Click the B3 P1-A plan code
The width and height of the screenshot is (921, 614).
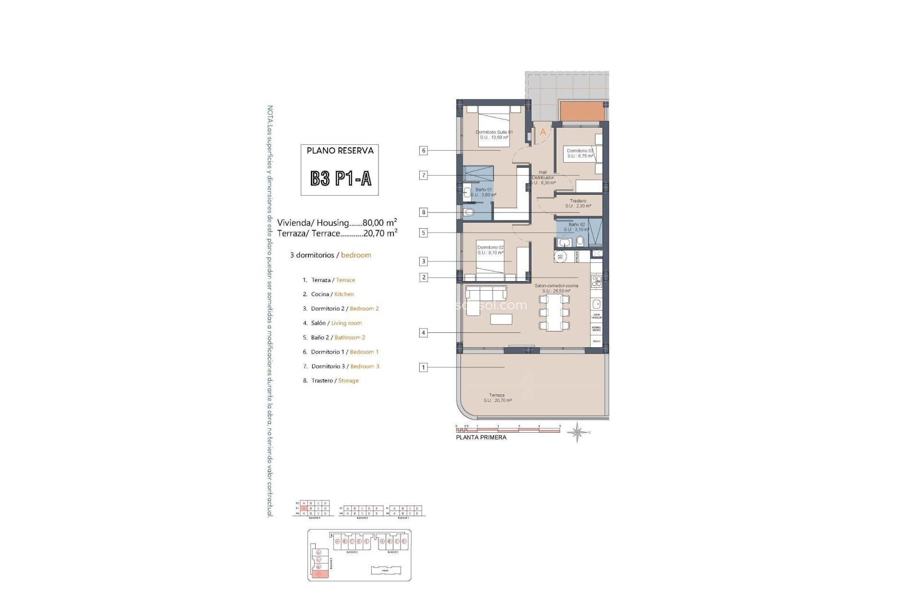[340, 178]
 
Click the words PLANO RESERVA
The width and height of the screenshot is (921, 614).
[340, 151]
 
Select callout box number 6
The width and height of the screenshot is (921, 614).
[423, 151]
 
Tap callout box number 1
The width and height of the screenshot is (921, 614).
[423, 367]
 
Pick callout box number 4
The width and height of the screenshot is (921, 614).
[423, 332]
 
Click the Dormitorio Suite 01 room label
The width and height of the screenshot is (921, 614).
[494, 135]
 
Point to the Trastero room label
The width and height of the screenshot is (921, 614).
[578, 203]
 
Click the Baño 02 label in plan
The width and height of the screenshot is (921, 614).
[577, 227]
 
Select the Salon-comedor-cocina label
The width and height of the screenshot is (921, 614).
[556, 288]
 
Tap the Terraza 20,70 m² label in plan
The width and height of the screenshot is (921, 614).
[497, 398]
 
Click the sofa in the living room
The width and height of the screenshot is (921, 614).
[485, 300]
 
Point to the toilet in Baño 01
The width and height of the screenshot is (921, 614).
[468, 212]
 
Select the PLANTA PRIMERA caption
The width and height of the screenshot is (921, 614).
[481, 437]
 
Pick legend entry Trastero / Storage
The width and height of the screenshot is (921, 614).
[331, 380]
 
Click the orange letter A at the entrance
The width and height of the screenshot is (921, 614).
[543, 132]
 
